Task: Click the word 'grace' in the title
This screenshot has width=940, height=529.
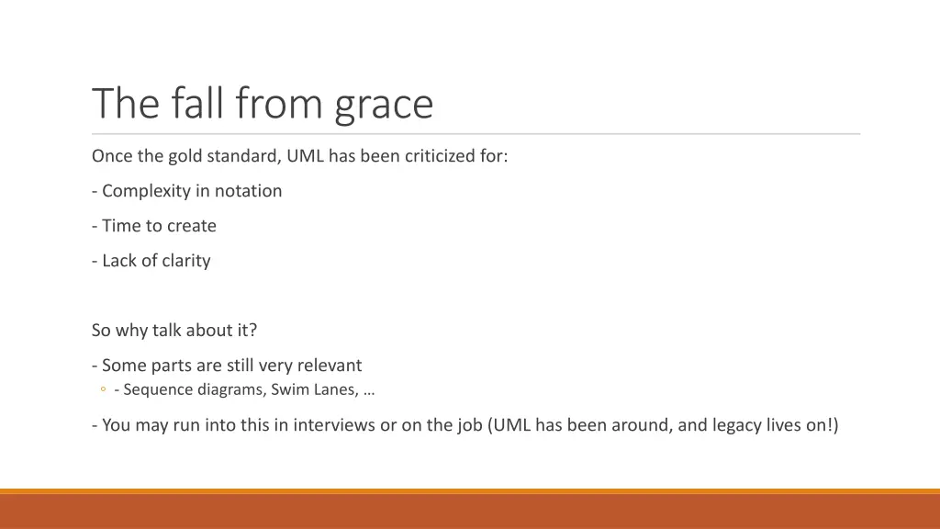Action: (384, 105)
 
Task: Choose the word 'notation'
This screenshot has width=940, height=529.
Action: (248, 191)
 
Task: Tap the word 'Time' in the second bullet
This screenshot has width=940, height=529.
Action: (121, 226)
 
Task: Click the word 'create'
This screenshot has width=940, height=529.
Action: (191, 226)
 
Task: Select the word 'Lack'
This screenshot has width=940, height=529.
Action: (119, 261)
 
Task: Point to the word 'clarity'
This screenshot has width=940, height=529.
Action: (186, 261)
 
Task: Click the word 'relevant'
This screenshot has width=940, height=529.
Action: (328, 366)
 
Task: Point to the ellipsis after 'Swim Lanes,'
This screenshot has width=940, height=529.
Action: (369, 390)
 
